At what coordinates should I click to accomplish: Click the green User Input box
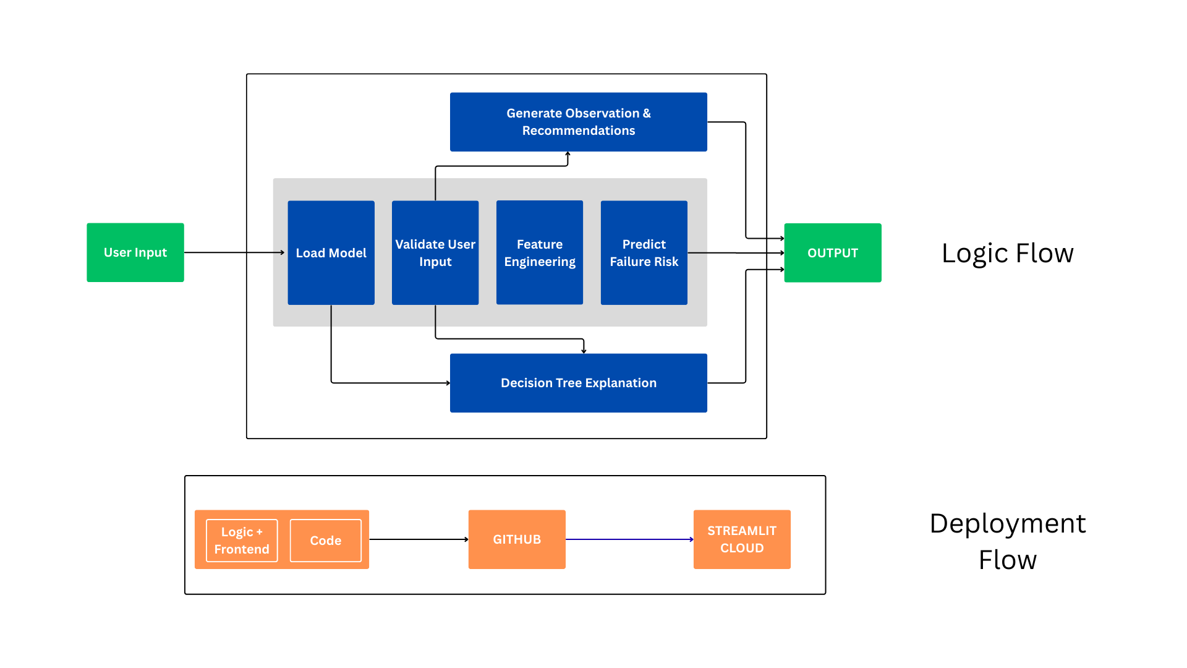tap(135, 252)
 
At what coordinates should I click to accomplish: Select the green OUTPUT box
tap(832, 252)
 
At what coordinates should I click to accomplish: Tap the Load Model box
tap(331, 252)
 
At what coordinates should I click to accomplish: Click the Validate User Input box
tap(435, 252)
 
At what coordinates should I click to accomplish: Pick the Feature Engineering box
tap(539, 252)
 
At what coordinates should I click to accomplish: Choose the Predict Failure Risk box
tap(644, 252)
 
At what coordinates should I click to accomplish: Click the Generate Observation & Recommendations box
tap(578, 122)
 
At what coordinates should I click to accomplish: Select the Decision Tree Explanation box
tap(578, 383)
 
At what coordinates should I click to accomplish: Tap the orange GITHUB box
tap(516, 539)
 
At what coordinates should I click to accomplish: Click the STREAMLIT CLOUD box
tap(741, 539)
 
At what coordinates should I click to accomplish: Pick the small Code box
tap(325, 541)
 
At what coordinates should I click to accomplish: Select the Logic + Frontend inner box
tap(242, 541)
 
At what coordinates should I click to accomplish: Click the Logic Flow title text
tap(1007, 253)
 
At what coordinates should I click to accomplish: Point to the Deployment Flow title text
tap(1007, 541)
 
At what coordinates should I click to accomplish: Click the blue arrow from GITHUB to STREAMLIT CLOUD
tap(629, 539)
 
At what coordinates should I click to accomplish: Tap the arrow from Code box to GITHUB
tap(419, 539)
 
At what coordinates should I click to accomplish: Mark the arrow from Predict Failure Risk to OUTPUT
tap(736, 253)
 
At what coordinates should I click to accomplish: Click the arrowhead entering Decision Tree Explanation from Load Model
tap(448, 383)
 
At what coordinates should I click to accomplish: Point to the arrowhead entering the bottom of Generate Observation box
tap(568, 154)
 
